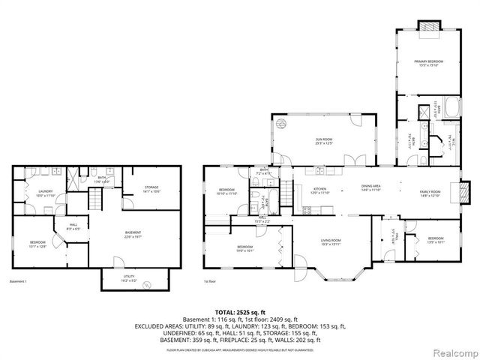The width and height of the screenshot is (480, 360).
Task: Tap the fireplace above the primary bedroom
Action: click(429, 25)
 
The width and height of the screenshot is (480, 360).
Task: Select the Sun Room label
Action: click(324, 140)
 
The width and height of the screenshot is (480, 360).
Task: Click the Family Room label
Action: click(430, 193)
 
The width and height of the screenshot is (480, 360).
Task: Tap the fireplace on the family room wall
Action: click(464, 190)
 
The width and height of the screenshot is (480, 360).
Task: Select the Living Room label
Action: click(331, 241)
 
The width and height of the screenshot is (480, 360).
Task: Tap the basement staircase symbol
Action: click(95, 198)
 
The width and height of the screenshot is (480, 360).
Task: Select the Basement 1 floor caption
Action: click(18, 282)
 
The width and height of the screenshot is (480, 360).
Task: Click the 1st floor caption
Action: click(211, 282)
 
